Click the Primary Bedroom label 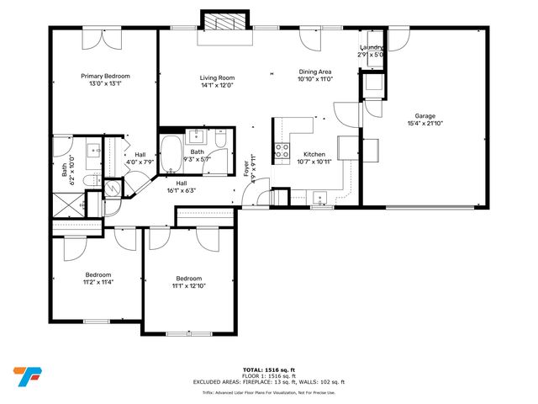click(105, 76)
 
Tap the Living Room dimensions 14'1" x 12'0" click(216, 85)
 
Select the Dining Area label click(316, 72)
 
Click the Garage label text click(425, 116)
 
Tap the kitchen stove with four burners click(281, 151)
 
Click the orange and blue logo click(27, 375)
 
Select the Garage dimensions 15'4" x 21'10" click(425, 125)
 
